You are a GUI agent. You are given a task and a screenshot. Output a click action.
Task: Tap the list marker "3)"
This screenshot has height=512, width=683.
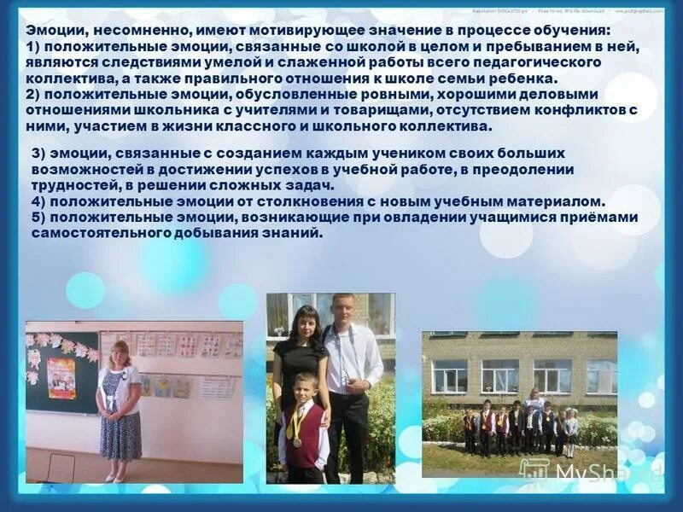click(x=39, y=153)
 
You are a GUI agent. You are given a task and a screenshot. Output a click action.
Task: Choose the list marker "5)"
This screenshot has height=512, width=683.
click(x=39, y=217)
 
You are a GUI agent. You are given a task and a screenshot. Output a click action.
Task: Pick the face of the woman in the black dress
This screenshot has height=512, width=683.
click(x=304, y=323)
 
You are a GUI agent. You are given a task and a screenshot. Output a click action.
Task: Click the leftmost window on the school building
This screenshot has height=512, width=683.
click(x=449, y=375)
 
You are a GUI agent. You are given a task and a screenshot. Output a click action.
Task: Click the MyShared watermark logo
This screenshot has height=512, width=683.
click(x=589, y=471)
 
